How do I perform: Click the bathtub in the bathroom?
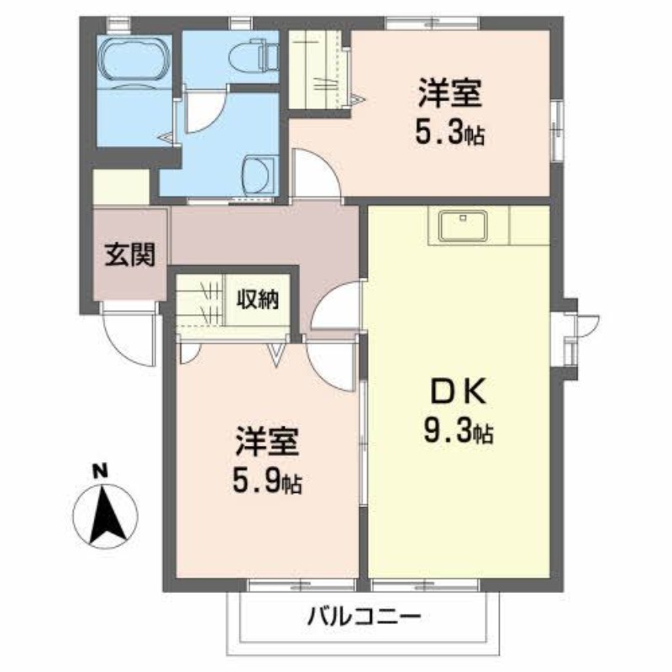point(134,61)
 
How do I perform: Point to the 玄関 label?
point(130,255)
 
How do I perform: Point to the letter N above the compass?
point(99,471)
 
